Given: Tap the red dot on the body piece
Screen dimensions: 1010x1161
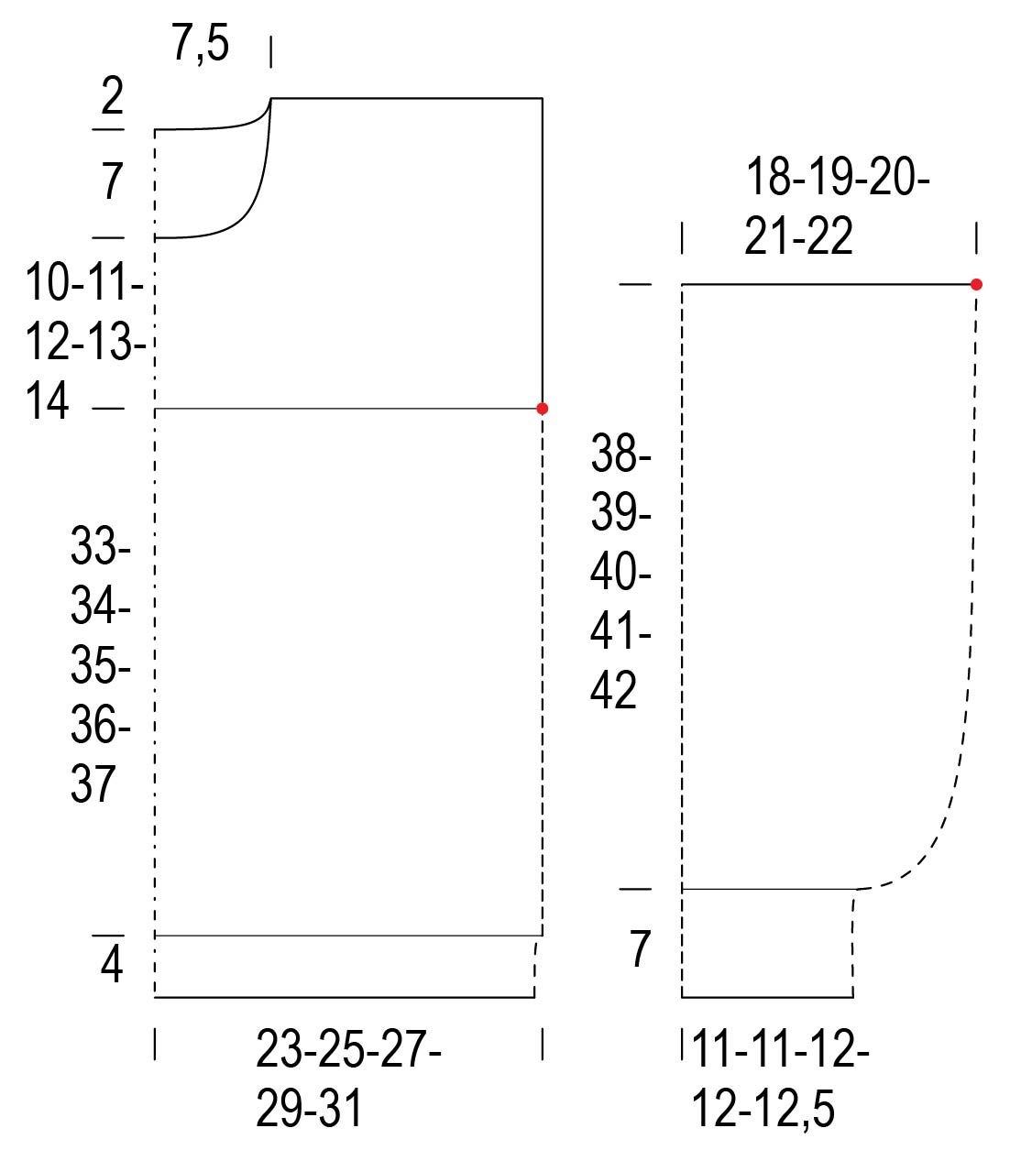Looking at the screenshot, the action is coord(543,409).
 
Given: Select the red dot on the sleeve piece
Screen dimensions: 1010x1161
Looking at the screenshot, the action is coord(976,284).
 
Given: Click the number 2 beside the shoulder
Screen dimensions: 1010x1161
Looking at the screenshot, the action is coord(112,96).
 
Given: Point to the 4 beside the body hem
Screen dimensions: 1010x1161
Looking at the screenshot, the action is coord(112,966).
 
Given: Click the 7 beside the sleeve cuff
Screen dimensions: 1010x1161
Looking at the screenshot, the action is coord(640,948).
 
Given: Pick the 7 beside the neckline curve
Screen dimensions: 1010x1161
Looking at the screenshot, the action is coord(112,181).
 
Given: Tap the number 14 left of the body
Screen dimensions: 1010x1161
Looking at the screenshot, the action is coord(47,400).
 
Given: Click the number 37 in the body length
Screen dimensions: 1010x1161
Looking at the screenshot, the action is coord(93,783).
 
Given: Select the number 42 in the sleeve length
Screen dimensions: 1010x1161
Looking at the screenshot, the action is coord(613,691).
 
